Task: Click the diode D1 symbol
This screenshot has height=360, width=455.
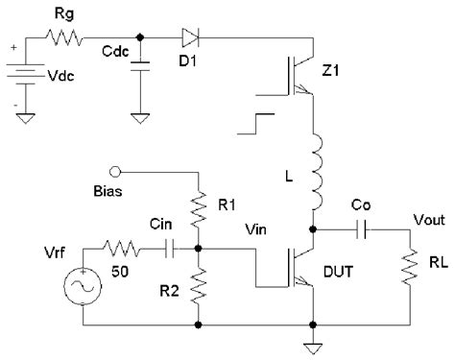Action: point(188,37)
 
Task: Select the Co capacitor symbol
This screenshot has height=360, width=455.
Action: point(363,229)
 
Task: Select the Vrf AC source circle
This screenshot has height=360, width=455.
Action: point(82,287)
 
